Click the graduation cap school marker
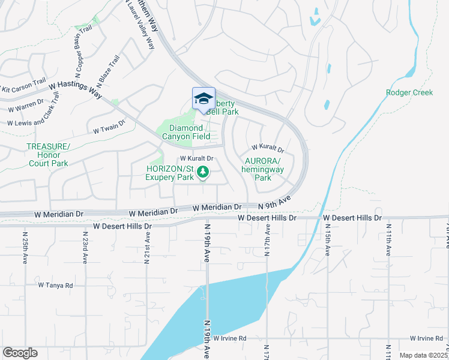(203, 98)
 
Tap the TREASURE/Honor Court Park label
(48, 155)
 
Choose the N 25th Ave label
(25, 249)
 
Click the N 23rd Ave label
(85, 249)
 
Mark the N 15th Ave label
(328, 239)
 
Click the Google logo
(19, 352)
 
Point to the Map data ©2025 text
(423, 355)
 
